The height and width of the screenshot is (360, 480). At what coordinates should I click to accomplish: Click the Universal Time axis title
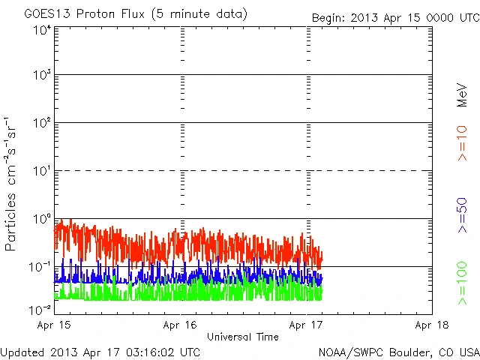coord(243,337)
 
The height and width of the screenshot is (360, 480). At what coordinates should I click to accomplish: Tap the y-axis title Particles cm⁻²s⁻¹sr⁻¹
coord(10,184)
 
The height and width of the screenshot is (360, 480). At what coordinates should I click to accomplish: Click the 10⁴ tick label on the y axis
coord(42,29)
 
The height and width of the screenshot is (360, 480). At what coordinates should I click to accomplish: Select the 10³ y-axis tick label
coord(42,76)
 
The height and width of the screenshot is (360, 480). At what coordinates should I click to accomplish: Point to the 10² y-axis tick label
coord(42,124)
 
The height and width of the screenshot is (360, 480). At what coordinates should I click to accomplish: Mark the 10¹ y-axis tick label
coord(42,172)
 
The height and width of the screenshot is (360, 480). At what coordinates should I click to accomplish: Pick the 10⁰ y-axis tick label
coord(42,219)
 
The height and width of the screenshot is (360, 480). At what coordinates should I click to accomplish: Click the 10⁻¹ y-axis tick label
coord(40,268)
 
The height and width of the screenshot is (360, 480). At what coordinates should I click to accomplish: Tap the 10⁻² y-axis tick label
coord(40,309)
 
